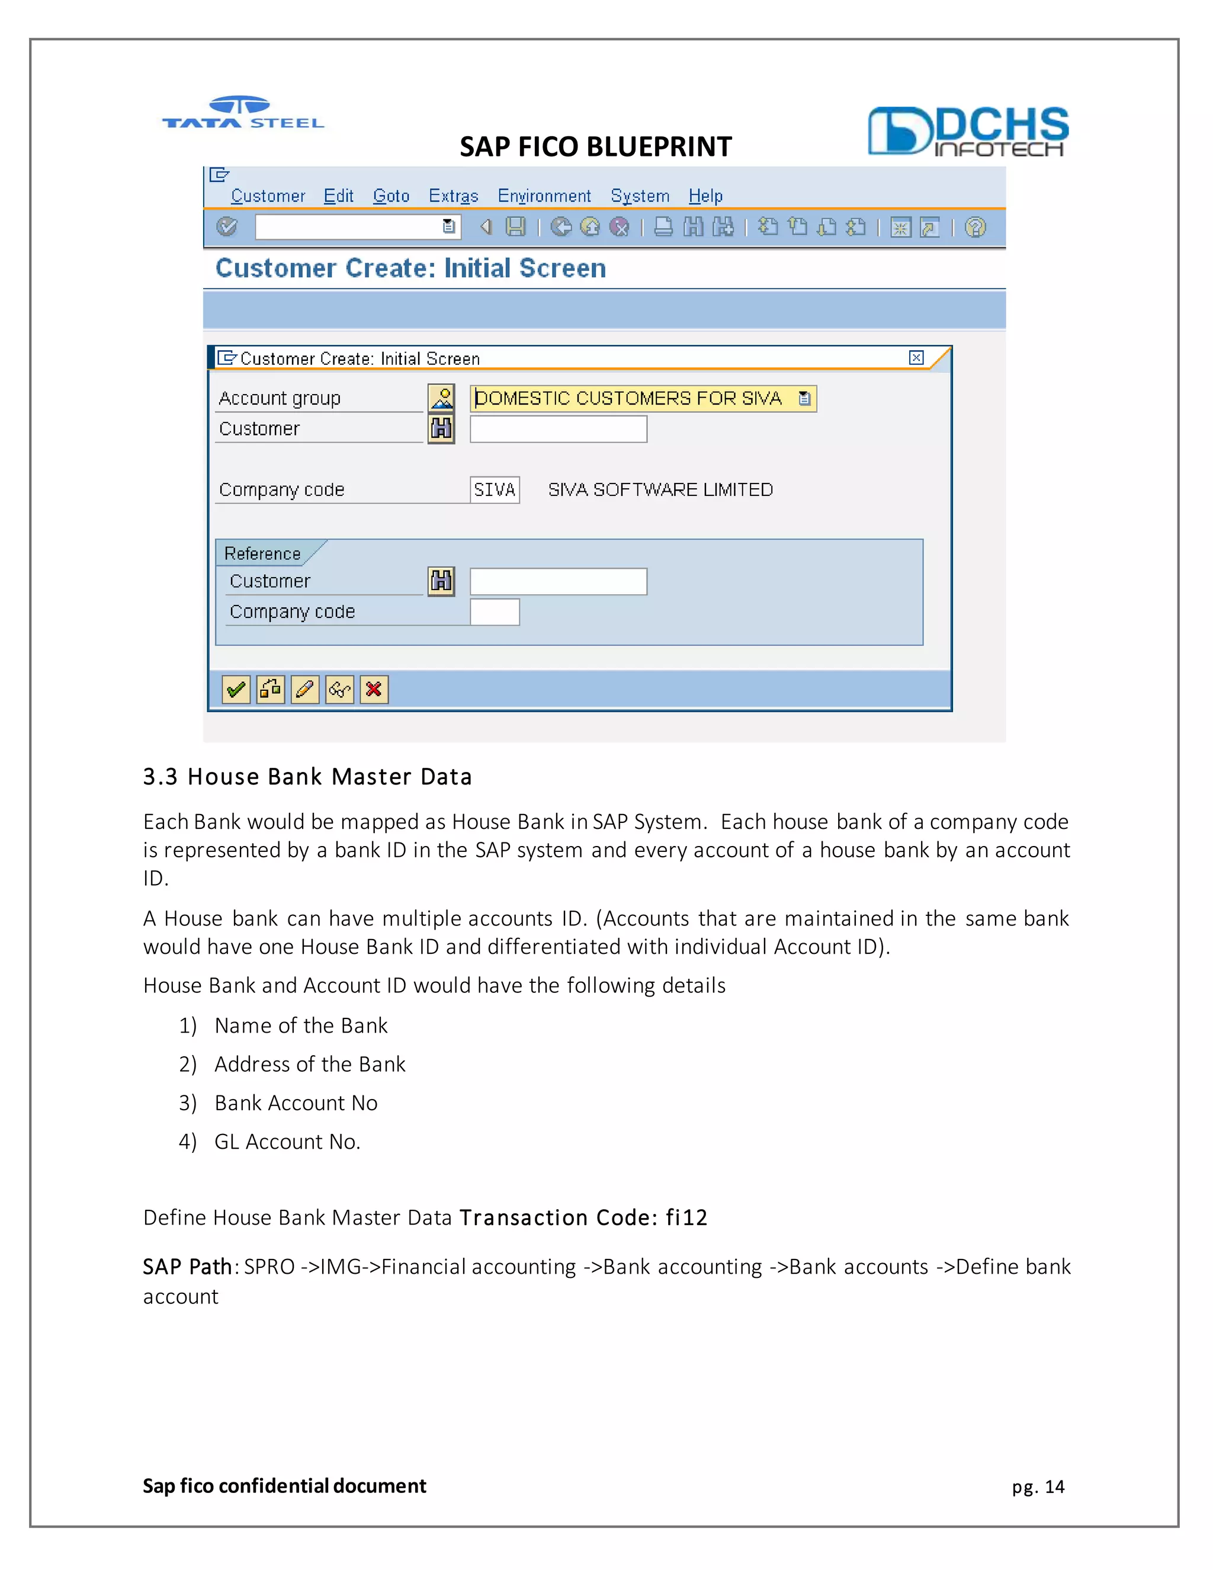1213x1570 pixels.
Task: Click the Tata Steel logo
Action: (243, 113)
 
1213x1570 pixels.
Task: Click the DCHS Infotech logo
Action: (968, 132)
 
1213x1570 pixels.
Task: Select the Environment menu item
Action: (544, 196)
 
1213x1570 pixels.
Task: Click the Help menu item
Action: (705, 196)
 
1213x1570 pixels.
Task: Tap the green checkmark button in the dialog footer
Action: (236, 690)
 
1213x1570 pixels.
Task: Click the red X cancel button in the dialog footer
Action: (374, 690)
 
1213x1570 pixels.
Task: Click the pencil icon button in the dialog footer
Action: (304, 690)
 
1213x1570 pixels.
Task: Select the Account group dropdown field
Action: (643, 398)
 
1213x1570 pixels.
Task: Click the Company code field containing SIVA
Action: (495, 489)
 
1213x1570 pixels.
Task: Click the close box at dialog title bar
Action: (916, 357)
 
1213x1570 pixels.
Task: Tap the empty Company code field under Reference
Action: (495, 613)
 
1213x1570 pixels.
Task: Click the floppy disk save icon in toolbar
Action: (515, 227)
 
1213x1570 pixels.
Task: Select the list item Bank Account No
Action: (296, 1103)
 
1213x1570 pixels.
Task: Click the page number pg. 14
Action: (1038, 1486)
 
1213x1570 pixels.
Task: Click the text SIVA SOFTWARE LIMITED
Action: (660, 489)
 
